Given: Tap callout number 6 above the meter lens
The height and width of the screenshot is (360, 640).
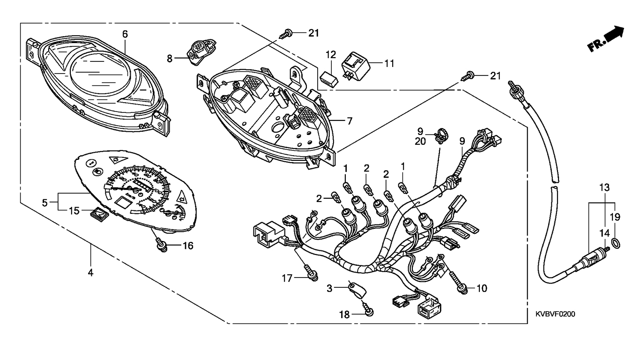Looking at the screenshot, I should pyautogui.click(x=125, y=34).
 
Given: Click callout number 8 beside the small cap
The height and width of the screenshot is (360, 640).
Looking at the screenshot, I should pyautogui.click(x=170, y=58).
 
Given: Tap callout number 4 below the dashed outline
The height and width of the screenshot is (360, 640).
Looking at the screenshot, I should pyautogui.click(x=90, y=272).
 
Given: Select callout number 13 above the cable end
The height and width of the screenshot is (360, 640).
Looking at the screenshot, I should pyautogui.click(x=604, y=187).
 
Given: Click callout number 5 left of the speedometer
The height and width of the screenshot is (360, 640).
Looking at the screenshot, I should pyautogui.click(x=45, y=203).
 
